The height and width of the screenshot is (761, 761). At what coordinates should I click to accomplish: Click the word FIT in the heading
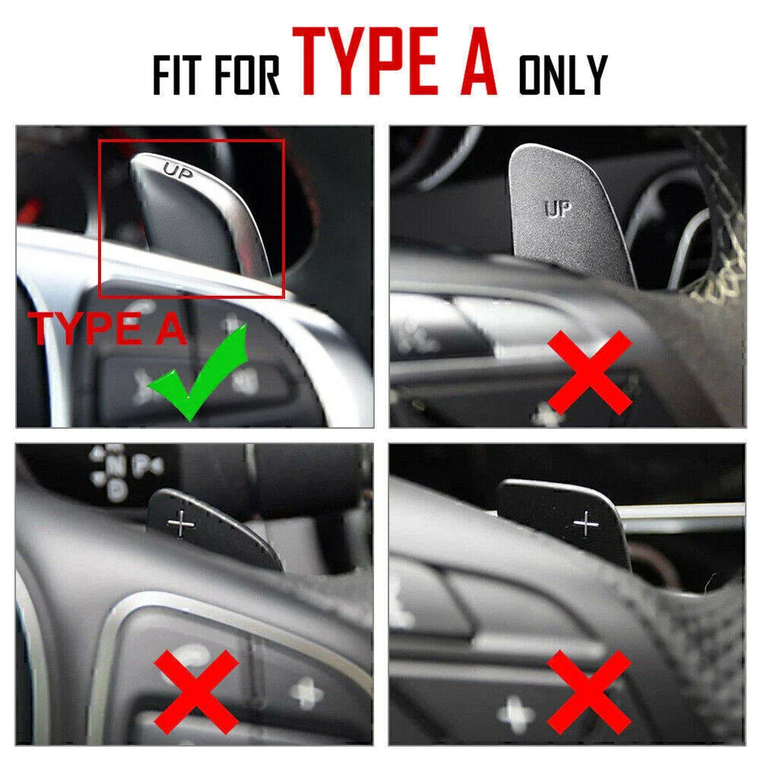coord(176,75)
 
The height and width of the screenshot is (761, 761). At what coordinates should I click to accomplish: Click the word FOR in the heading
coord(247,75)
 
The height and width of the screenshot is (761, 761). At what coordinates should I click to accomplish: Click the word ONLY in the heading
coord(563,75)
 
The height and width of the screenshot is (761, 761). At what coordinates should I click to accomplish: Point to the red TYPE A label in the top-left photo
coord(107,328)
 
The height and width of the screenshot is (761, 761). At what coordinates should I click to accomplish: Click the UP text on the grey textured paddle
coord(558,209)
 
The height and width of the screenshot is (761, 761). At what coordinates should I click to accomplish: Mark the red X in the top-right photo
coord(590,373)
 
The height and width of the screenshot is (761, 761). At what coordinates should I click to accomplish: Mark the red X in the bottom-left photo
coord(196,693)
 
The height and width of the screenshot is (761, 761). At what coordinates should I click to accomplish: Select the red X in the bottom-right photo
coord(588,692)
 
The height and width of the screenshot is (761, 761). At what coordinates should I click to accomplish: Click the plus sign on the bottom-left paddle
coord(181,524)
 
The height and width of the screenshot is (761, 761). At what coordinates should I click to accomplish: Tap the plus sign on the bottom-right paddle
coord(586,524)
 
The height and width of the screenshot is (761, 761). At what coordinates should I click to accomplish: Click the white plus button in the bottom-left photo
coord(306,693)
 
